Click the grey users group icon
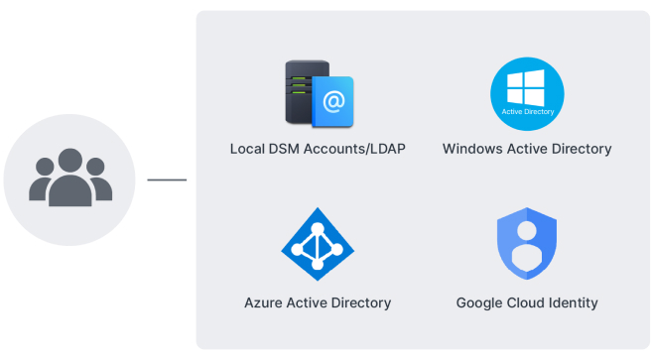tap(70, 178)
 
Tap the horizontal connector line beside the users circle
tap(167, 180)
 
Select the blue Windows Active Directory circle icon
tap(527, 94)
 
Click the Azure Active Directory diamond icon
tap(318, 244)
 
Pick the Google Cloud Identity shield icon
tap(527, 244)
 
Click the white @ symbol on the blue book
tap(333, 102)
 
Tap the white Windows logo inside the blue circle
tap(526, 87)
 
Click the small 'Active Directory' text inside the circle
tap(528, 111)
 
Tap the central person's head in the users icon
tap(70, 161)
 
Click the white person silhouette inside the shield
tap(527, 246)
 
